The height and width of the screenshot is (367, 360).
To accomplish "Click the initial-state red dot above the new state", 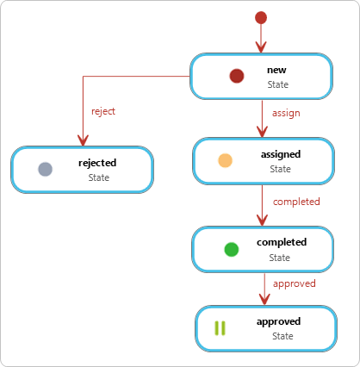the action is (261, 18).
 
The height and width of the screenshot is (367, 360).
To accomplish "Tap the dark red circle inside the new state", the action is (237, 76).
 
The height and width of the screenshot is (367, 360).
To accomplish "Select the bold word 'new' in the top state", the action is (276, 70).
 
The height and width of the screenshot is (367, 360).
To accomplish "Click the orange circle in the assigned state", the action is (225, 160).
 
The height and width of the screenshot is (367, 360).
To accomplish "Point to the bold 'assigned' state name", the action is (281, 154).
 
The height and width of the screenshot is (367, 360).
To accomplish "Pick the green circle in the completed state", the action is (232, 249).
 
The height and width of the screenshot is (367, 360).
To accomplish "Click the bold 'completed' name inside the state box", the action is (282, 242).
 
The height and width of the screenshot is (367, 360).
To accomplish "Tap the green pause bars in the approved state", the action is (220, 328).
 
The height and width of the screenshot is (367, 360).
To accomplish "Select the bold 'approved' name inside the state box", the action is (279, 321).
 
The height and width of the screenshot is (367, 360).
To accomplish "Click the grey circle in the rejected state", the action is (46, 169).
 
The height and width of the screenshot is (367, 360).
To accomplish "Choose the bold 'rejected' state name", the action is (97, 163).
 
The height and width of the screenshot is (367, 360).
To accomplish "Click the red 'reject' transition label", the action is (103, 111).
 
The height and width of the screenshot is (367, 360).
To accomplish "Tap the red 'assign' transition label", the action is (286, 113).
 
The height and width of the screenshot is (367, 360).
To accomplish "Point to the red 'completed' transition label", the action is (296, 202).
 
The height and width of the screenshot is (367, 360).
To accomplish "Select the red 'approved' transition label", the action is (295, 283).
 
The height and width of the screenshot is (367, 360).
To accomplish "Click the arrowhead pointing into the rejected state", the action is (83, 140).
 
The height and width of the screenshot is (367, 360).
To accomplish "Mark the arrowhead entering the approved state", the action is (264, 299).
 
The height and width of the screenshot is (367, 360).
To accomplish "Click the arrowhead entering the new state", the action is (261, 47).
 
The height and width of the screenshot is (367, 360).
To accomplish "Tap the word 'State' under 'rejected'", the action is (99, 177).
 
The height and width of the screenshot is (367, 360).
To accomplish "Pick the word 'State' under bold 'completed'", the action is (280, 258).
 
